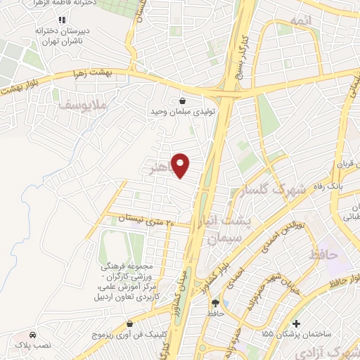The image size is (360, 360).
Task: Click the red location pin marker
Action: coord(181,165)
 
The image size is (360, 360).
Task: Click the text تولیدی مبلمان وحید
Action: coord(183,112)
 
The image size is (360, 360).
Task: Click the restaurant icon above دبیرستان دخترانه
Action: coord(62,19)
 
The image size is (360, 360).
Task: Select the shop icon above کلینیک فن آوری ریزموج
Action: coord(131,323)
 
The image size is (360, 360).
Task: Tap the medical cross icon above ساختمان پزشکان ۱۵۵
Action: coord(297,324)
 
